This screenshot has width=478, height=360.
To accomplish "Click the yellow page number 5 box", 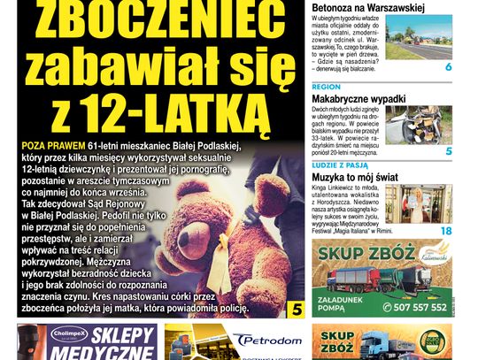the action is (x=296, y=309).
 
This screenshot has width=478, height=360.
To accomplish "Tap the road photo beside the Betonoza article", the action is (x=419, y=38).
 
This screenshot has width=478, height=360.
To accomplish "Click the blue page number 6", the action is (x=448, y=67).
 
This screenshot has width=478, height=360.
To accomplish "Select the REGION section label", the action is (x=327, y=87).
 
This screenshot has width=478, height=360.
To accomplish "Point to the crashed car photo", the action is (x=419, y=125).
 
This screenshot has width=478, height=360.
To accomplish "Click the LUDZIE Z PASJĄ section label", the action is (x=340, y=165).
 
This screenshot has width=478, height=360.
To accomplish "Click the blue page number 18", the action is (x=446, y=231).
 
